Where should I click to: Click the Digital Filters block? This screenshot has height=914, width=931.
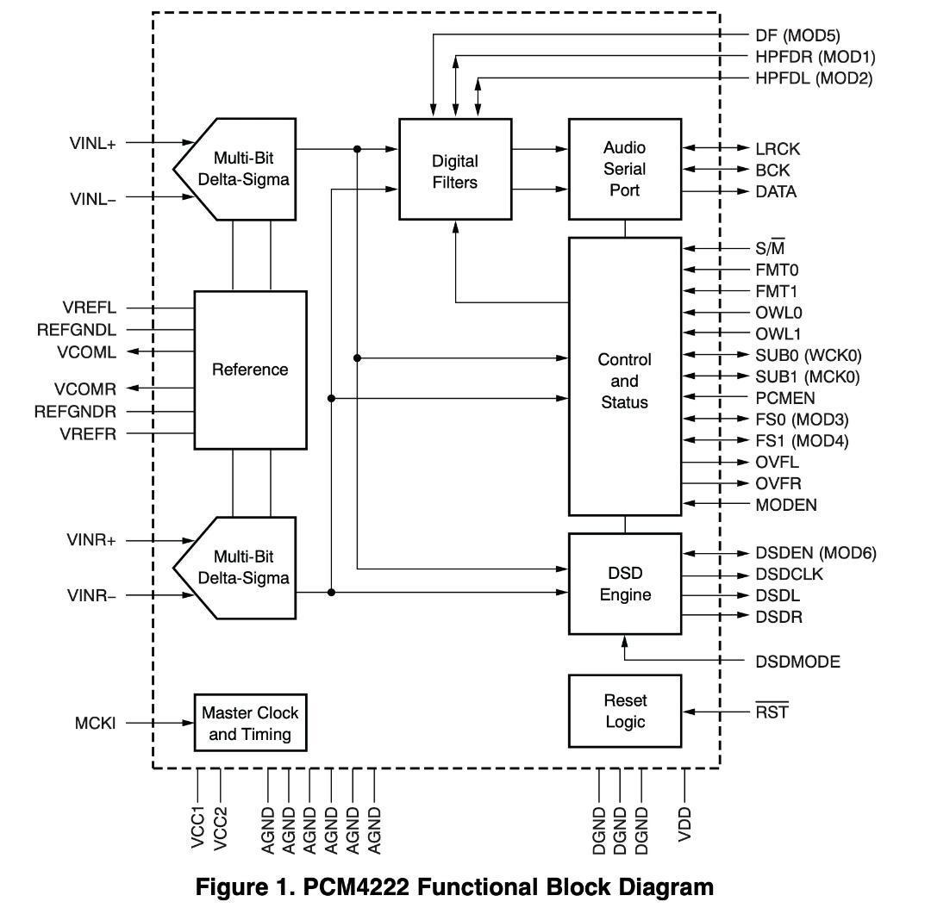[454, 171]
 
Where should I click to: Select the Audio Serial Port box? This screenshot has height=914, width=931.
[624, 170]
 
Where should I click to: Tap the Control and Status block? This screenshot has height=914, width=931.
[624, 380]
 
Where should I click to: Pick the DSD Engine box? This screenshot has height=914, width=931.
[624, 584]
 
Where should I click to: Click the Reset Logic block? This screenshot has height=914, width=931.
[624, 712]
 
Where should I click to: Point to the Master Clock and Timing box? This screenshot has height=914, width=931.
[250, 724]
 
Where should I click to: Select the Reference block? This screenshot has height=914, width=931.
[250, 370]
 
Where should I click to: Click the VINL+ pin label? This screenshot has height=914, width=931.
[92, 144]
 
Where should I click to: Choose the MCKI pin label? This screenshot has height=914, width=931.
[95, 724]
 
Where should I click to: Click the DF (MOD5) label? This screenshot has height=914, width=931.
[797, 35]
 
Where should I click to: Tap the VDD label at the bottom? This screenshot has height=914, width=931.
[685, 824]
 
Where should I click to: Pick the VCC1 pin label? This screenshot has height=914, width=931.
[198, 828]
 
